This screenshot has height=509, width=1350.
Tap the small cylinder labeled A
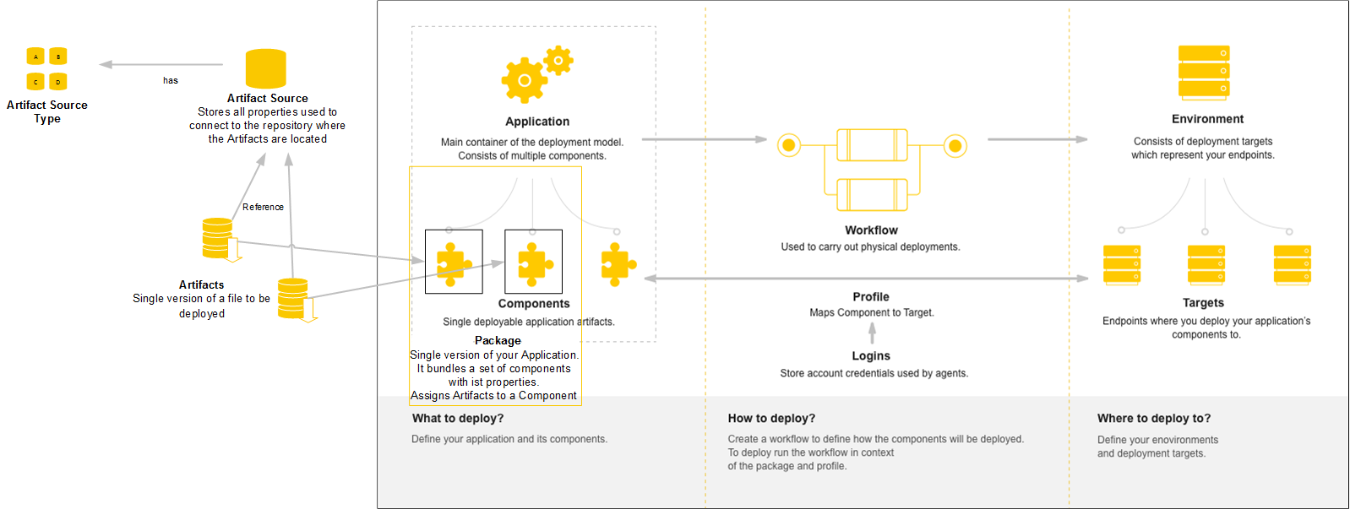(x=35, y=57)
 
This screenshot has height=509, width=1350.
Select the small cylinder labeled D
(x=58, y=82)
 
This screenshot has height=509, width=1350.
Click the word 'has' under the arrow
(x=171, y=81)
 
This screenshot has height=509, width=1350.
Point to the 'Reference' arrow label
(x=263, y=207)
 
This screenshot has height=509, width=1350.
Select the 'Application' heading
(x=537, y=122)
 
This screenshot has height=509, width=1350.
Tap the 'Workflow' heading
(x=871, y=230)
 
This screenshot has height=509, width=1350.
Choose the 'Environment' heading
(x=1207, y=119)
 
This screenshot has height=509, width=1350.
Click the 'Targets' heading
(x=1203, y=303)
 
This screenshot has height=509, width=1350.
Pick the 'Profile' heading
(x=871, y=297)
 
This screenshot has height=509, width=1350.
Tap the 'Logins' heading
(x=871, y=356)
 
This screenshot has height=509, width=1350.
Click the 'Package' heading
(x=498, y=341)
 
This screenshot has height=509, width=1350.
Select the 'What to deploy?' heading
(x=458, y=419)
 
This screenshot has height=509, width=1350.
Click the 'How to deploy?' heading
(x=771, y=419)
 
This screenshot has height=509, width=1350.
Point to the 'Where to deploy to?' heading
(x=1154, y=419)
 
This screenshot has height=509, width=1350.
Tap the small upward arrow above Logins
(x=873, y=333)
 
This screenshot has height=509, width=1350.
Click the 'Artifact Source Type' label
(x=47, y=111)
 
